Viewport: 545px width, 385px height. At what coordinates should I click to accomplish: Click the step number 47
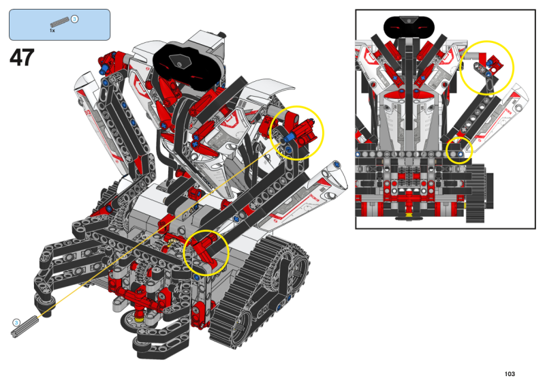click(x=22, y=58)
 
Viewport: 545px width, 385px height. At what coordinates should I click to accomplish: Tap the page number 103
click(x=510, y=374)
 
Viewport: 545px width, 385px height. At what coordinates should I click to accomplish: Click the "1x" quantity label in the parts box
click(x=52, y=31)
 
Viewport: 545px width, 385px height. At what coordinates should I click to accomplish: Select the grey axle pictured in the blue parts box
click(x=60, y=22)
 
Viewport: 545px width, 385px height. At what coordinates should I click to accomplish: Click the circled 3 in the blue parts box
click(x=74, y=19)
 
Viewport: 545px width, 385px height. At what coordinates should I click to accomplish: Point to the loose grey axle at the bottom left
click(x=25, y=326)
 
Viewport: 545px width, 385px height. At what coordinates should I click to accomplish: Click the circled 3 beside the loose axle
click(x=16, y=323)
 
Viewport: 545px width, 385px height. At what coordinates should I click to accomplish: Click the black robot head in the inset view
click(x=409, y=27)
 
